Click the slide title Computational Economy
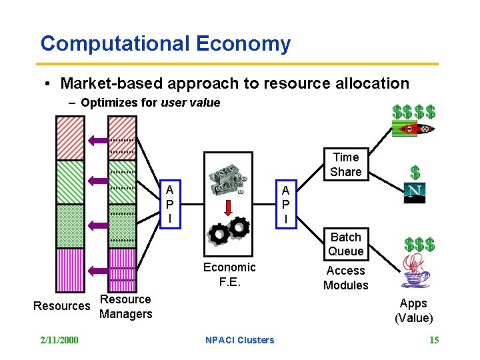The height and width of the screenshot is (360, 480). pyautogui.click(x=165, y=44)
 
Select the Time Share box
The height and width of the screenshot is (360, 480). pyautogui.click(x=345, y=165)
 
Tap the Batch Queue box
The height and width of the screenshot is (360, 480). pyautogui.click(x=345, y=244)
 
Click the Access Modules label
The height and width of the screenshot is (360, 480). pyautogui.click(x=345, y=278)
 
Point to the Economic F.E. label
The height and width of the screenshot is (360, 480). pyautogui.click(x=229, y=274)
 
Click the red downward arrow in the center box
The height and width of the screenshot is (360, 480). pyautogui.click(x=228, y=206)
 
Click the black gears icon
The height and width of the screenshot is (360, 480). pyautogui.click(x=229, y=230)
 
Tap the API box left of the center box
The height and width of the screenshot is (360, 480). pyautogui.click(x=170, y=204)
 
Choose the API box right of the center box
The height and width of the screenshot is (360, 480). pyautogui.click(x=286, y=204)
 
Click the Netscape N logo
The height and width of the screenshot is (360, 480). pyautogui.click(x=415, y=193)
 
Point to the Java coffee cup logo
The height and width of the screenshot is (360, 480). pyautogui.click(x=415, y=273)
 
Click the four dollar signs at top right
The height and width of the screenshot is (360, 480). pyautogui.click(x=414, y=111)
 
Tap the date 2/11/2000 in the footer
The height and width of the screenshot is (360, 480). pyautogui.click(x=59, y=340)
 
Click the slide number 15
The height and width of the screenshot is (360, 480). pyautogui.click(x=433, y=340)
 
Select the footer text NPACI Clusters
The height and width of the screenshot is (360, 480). pyautogui.click(x=240, y=340)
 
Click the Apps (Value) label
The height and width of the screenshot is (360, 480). pyautogui.click(x=413, y=311)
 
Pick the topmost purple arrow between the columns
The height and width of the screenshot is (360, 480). pyautogui.click(x=98, y=139)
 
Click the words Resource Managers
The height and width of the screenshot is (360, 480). pyautogui.click(x=125, y=307)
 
